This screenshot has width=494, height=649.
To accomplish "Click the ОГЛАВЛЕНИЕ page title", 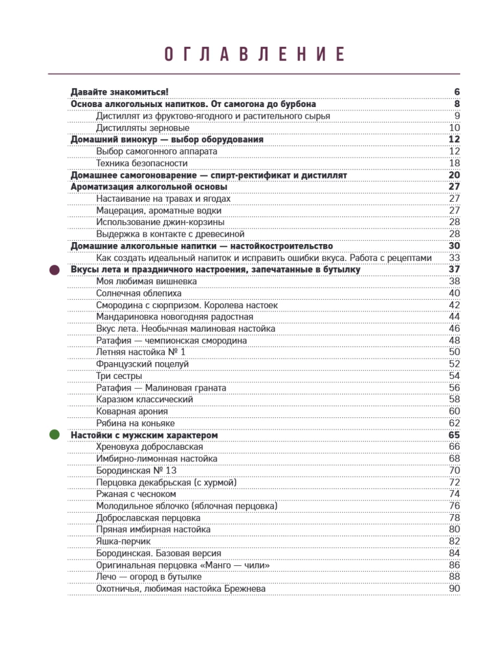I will click(x=253, y=54).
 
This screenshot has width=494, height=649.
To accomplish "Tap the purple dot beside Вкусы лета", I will click(x=55, y=269).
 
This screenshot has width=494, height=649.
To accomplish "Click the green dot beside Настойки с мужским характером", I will click(x=55, y=434).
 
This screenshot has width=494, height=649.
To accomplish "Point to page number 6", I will click(x=457, y=92).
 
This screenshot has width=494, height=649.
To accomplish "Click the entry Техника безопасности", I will click(x=142, y=163).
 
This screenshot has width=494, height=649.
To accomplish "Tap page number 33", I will click(x=454, y=258).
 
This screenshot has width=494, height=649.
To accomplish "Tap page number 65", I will click(x=454, y=435).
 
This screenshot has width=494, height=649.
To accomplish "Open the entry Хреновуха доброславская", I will click(x=149, y=447).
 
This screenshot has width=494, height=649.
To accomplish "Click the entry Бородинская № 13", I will click(x=136, y=470).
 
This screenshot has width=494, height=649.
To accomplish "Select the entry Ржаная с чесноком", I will click(x=135, y=494).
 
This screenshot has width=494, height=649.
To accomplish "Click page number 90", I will click(x=454, y=589).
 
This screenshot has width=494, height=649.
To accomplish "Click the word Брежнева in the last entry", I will click(x=244, y=589).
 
